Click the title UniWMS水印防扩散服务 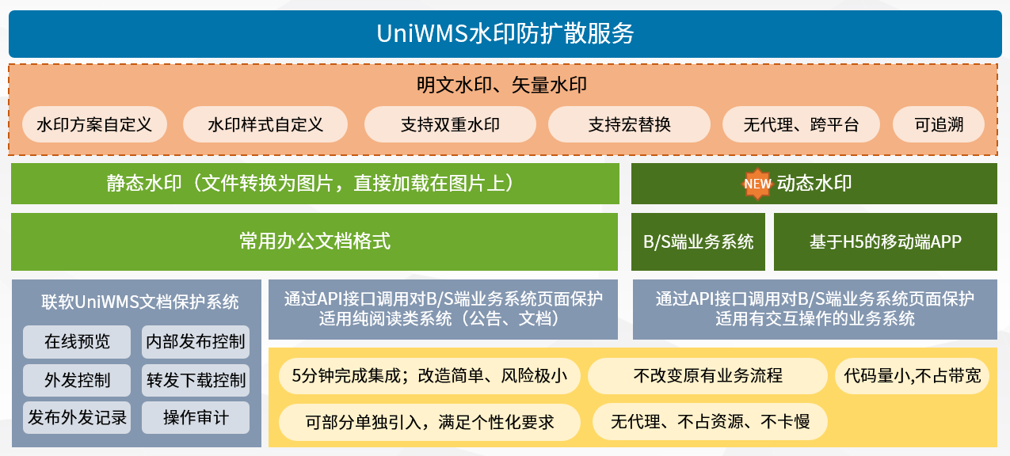[505, 34]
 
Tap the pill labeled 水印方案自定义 [94, 124]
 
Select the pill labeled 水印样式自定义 [265, 124]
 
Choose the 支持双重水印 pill [450, 124]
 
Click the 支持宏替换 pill [629, 124]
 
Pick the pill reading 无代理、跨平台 [801, 124]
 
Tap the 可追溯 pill [939, 124]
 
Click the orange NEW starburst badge [757, 184]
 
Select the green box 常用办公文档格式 [314, 241]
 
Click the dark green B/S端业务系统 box [698, 241]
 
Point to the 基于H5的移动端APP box [885, 241]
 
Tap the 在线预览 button [77, 342]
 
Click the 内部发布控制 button [196, 342]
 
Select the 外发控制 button [77, 380]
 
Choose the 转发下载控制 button [196, 380]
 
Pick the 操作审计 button [196, 417]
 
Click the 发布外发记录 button [77, 417]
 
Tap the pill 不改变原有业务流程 [707, 376]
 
